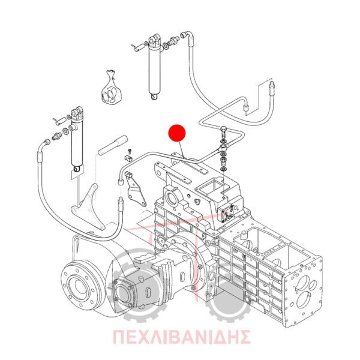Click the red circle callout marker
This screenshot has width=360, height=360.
pos(177,133)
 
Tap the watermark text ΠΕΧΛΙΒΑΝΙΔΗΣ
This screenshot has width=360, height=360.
pos(182,337)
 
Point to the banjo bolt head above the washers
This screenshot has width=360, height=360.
pos(223,131)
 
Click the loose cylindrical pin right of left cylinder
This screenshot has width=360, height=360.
pos(113,145)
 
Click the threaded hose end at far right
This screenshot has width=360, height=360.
pos(272,88)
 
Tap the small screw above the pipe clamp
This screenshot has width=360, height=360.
pos(130,151)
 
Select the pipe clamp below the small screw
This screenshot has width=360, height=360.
pos(128,158)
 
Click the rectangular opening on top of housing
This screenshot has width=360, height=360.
pos(209,187)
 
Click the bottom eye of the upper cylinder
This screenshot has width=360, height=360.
pos(154,96)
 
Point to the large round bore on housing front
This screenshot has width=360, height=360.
pos(172,199)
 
